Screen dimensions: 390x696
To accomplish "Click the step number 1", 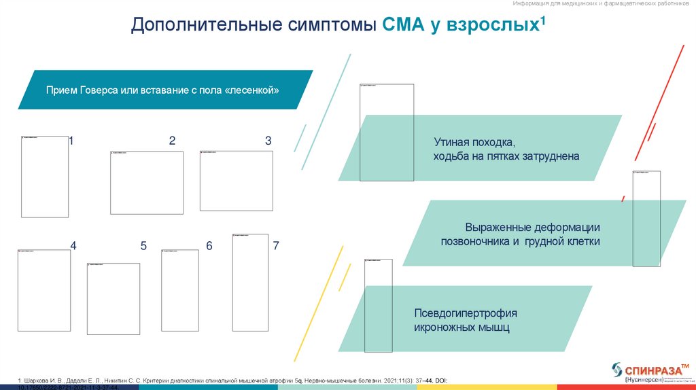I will tap(71, 141).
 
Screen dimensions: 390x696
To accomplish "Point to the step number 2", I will tap(172, 141).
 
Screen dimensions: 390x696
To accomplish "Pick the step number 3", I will tap(268, 141).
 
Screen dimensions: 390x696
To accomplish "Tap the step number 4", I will tap(73, 246).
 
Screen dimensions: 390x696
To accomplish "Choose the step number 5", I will tap(143, 246).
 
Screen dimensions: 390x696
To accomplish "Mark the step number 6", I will tap(209, 246).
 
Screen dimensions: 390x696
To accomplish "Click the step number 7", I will tap(276, 246).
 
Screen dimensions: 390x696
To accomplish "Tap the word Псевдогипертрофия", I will tap(466, 313).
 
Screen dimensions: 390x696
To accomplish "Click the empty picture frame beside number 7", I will tap(250, 282).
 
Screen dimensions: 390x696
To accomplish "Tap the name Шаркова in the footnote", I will tap(38, 380).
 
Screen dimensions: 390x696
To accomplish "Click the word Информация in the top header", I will tap(549, 4).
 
